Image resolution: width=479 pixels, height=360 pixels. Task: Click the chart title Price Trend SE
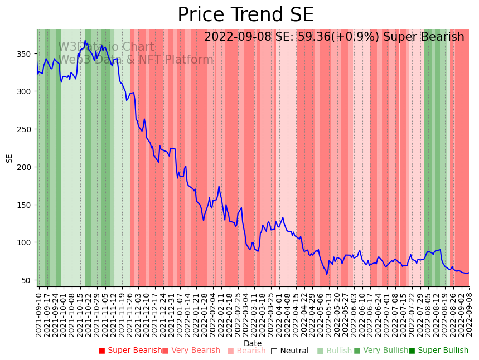(x=245, y=15)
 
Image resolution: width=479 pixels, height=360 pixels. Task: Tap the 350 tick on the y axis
(x=27, y=54)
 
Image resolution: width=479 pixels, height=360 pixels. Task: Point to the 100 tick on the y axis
(x=27, y=242)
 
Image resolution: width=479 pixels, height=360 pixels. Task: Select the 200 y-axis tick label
(x=27, y=167)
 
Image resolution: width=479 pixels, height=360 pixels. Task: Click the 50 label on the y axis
(x=29, y=280)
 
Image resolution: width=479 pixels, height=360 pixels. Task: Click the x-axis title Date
(x=253, y=344)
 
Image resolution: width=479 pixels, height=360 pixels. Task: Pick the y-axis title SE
(x=9, y=158)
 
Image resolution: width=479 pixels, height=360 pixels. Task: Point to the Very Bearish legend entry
(x=191, y=351)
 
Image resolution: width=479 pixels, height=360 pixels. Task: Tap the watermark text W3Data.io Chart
(x=106, y=47)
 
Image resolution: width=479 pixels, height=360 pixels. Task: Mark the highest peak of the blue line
(x=85, y=41)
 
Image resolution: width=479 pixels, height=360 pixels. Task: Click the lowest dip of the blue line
(x=327, y=274)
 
